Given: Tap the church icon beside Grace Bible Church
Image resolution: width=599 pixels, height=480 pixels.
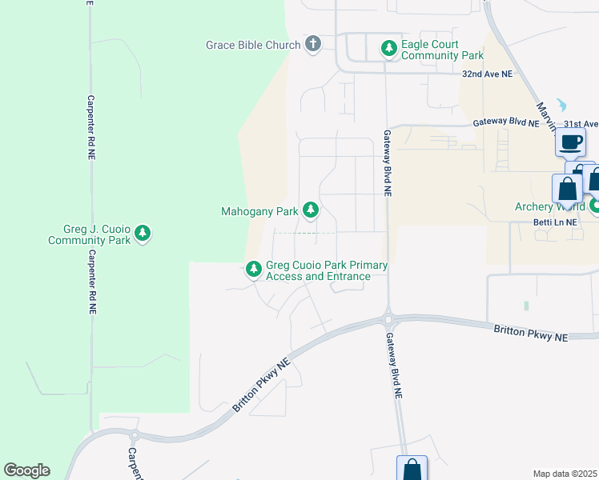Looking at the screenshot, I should pos(313,45).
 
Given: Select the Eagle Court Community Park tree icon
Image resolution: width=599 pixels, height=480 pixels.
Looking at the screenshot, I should pos(388,50).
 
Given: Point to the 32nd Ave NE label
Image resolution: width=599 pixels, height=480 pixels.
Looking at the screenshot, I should pos(487,73).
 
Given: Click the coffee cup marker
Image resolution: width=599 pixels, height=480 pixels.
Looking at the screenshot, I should pos(570,142).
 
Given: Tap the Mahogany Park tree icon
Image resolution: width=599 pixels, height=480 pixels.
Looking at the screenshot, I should pos(311,211).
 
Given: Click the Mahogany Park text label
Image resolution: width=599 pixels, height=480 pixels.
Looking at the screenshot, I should pos(259,212).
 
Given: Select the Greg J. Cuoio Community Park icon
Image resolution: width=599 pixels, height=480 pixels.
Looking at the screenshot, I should pos(143,234).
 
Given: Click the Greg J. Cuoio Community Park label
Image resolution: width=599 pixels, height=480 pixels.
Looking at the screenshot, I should pos(90,234).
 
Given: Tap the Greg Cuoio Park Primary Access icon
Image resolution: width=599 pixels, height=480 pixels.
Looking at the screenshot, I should pos(254,270).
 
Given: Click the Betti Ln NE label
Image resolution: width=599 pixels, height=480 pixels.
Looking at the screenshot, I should pos(555,223).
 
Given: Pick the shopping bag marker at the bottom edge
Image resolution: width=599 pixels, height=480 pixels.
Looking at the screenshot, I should pos(412,470).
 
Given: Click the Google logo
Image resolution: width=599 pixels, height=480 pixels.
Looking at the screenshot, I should pos(26,470).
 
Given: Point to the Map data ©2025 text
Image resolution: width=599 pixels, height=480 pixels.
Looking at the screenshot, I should pos(565,474).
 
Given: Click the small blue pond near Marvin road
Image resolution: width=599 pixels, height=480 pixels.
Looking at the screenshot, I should pos(561,105).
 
